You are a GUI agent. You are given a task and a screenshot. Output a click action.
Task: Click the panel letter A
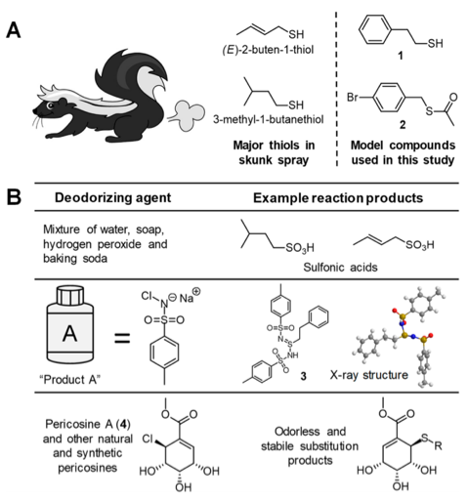[14, 30]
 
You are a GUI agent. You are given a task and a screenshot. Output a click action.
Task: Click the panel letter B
[14, 197]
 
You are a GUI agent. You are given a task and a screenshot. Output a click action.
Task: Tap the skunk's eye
[50, 105]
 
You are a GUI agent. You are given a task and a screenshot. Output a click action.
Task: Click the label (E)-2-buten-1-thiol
[268, 50]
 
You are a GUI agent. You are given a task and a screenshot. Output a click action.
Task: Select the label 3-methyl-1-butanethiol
[269, 119]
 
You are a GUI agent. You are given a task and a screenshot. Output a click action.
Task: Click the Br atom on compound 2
[353, 97]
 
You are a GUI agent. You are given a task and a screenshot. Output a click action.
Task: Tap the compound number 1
[401, 56]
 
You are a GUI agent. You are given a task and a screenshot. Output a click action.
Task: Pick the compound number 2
[403, 125]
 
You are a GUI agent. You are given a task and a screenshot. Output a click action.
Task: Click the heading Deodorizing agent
[112, 198]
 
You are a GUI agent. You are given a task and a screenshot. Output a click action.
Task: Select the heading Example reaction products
[338, 198]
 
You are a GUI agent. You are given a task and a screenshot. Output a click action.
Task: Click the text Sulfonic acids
[340, 268]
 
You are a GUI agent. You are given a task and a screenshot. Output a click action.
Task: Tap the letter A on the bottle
[70, 334]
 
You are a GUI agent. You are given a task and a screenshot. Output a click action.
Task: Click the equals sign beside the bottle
[122, 338]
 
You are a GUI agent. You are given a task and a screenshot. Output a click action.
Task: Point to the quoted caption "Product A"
[70, 379]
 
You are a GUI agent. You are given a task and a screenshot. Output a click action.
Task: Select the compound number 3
[303, 376]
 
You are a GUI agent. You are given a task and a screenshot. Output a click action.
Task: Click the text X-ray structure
[369, 375]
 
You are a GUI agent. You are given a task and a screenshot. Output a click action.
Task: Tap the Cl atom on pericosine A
[148, 439]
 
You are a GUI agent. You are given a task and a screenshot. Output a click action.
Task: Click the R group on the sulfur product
[439, 446]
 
